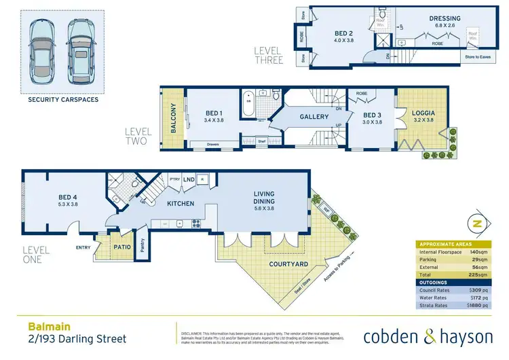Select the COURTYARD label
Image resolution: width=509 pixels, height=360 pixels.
click(x=289, y=264)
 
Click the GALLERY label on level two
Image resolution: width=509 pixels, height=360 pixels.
click(x=314, y=117)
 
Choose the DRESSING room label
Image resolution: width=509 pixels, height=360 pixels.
click(x=445, y=18)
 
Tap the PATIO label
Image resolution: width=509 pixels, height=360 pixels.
click(x=121, y=247)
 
